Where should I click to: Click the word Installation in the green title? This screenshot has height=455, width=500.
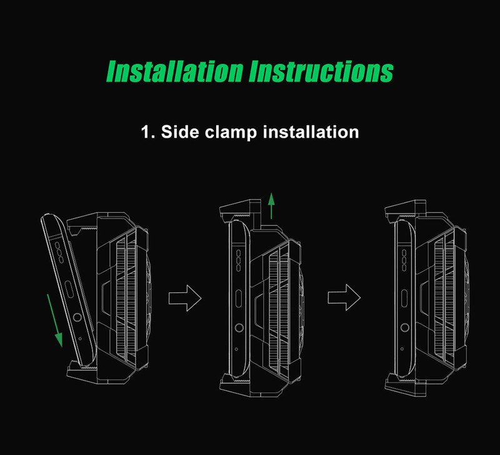pyautogui.click(x=175, y=71)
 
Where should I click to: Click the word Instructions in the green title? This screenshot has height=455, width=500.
pyautogui.click(x=321, y=71)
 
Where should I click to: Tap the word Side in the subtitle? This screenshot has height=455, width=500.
pyautogui.click(x=180, y=131)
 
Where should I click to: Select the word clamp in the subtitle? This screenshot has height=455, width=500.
pyautogui.click(x=231, y=132)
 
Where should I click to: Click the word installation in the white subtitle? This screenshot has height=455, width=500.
pyautogui.click(x=311, y=131)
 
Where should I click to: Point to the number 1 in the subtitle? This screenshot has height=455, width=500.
pyautogui.click(x=146, y=132)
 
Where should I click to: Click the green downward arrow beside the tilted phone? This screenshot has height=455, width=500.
pyautogui.click(x=54, y=320)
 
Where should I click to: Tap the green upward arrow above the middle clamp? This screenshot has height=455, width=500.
pyautogui.click(x=271, y=206)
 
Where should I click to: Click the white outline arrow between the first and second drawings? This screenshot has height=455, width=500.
pyautogui.click(x=185, y=298)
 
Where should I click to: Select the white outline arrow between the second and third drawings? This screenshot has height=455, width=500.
pyautogui.click(x=344, y=297)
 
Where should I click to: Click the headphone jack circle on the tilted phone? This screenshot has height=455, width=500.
pyautogui.click(x=77, y=317)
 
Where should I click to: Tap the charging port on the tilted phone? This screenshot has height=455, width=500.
pyautogui.click(x=69, y=289)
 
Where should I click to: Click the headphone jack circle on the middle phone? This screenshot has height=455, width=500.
pyautogui.click(x=239, y=327)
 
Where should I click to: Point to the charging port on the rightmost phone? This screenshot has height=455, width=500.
pyautogui.click(x=404, y=299)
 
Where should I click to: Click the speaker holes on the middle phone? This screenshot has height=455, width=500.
pyautogui.click(x=239, y=260)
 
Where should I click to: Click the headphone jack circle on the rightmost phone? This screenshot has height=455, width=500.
pyautogui.click(x=404, y=327)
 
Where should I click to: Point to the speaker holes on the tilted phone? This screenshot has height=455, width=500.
pyautogui.click(x=59, y=252)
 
